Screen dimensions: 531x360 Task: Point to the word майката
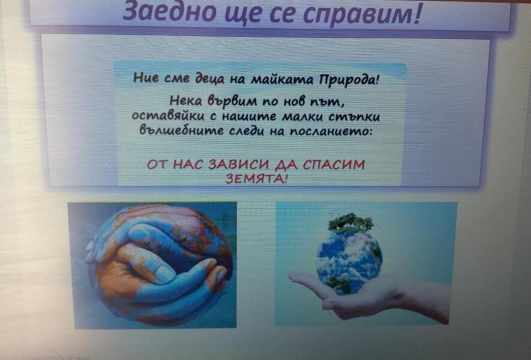[283, 80]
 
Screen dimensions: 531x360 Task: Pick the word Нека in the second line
[185, 101]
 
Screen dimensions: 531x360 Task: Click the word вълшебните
[182, 130]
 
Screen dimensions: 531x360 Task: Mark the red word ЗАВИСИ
[239, 164]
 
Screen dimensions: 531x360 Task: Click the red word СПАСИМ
[334, 164]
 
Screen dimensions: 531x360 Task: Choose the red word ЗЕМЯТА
[256, 178]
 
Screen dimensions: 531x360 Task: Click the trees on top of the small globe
[350, 222]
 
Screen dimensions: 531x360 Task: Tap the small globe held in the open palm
[349, 261]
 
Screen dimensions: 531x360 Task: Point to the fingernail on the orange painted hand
[164, 273]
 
